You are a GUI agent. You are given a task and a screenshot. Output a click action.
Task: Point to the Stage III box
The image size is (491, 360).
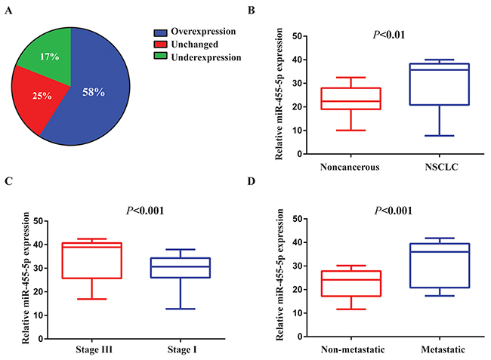click(x=94, y=260)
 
